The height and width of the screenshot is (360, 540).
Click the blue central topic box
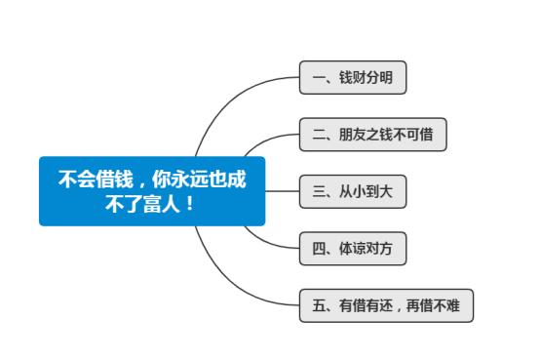[x=152, y=191]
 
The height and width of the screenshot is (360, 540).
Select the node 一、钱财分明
[x=352, y=78]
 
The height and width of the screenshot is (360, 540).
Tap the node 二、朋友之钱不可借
[x=372, y=135]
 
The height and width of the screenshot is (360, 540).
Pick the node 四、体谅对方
[x=352, y=248]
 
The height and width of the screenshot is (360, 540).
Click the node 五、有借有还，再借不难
[x=386, y=305]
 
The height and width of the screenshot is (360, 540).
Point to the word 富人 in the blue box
[x=161, y=204]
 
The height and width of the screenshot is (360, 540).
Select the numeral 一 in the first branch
[x=318, y=78]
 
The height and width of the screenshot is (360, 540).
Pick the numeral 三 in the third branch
[x=318, y=191]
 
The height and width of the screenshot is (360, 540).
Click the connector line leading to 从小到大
[x=282, y=191]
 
